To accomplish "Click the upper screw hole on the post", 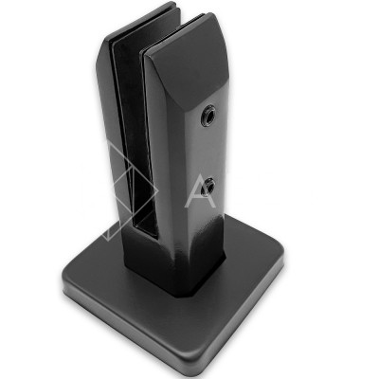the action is click(x=208, y=114).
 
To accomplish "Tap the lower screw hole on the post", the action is click(x=208, y=186).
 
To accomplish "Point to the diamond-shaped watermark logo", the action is click(x=131, y=192).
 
